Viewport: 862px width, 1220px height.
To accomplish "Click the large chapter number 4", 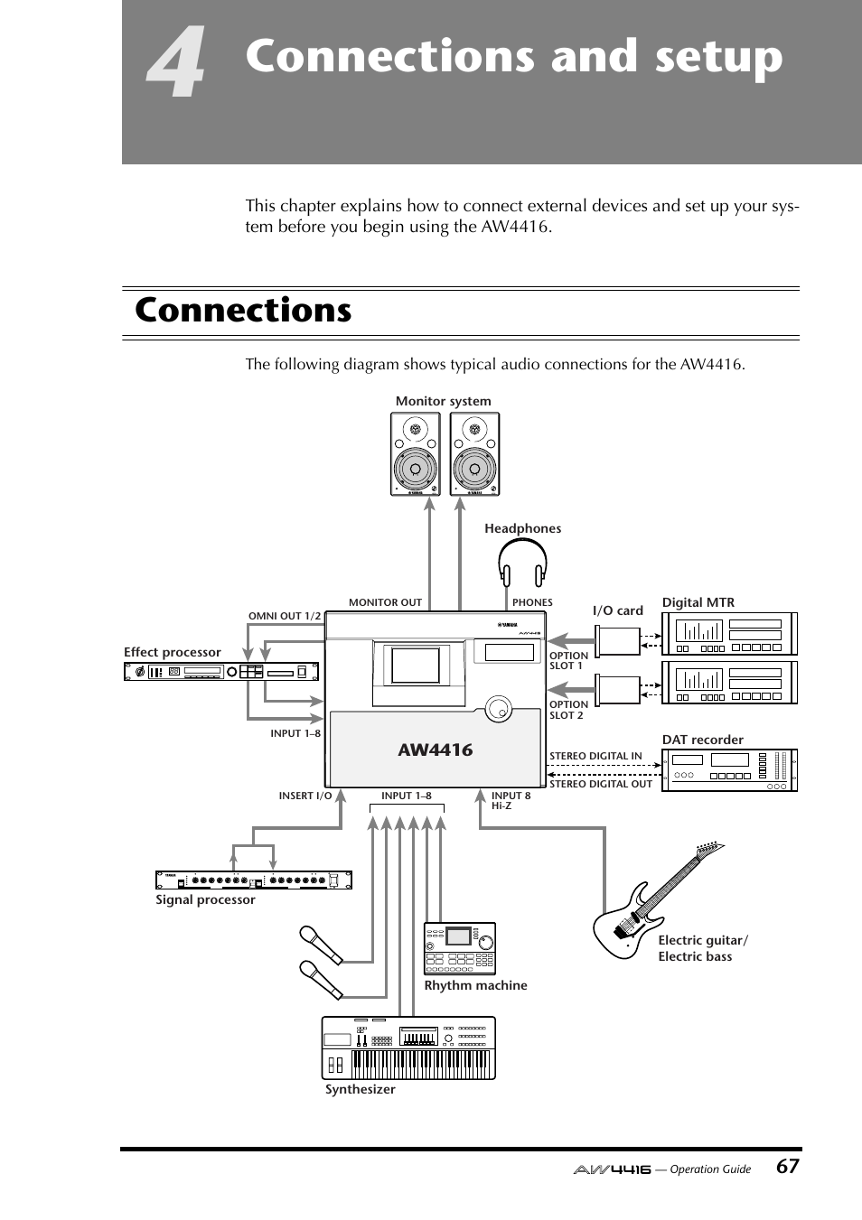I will pyautogui.click(x=177, y=65).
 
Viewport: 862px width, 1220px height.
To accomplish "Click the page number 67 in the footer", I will pyautogui.click(x=787, y=1166).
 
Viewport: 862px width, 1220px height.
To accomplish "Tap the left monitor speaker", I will pyautogui.click(x=416, y=454).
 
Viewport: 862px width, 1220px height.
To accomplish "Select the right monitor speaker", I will pyautogui.click(x=474, y=454).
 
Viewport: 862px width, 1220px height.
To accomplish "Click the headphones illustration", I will pyautogui.click(x=522, y=563).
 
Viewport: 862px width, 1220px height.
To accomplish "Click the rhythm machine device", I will pyautogui.click(x=460, y=948).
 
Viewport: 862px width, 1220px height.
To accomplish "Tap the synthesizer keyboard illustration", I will pyautogui.click(x=408, y=1048).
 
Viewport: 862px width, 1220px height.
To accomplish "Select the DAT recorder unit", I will pyautogui.click(x=729, y=770).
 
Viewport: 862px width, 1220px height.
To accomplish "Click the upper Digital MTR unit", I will pyautogui.click(x=729, y=634).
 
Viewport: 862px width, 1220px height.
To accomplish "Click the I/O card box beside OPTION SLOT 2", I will pyautogui.click(x=618, y=690).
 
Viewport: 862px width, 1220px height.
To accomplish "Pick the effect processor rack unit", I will pyautogui.click(x=221, y=671).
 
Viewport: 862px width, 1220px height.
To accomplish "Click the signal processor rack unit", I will pyautogui.click(x=253, y=880).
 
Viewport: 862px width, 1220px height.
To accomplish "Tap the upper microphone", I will pyautogui.click(x=321, y=945).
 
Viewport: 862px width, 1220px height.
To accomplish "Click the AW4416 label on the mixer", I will pyautogui.click(x=435, y=750).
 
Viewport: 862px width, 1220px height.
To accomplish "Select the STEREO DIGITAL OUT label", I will pyautogui.click(x=600, y=784).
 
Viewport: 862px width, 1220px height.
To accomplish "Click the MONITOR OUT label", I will pyautogui.click(x=385, y=602).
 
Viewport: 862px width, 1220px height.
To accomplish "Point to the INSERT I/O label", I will pyautogui.click(x=305, y=796).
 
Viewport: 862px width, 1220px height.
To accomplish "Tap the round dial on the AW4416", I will pyautogui.click(x=498, y=709).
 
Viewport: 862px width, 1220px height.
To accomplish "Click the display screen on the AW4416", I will pyautogui.click(x=415, y=665).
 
